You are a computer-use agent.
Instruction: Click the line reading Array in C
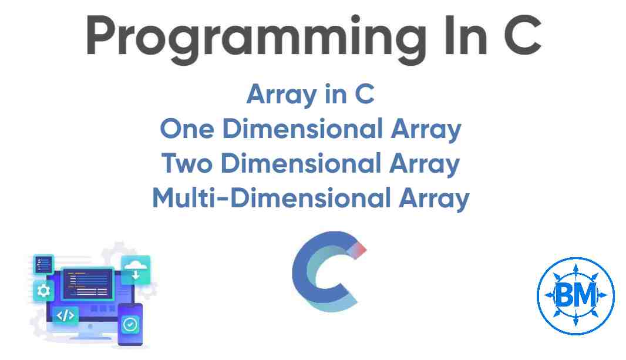(x=310, y=94)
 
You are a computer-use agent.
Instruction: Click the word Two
(x=187, y=164)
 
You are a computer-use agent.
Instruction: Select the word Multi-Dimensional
(x=270, y=198)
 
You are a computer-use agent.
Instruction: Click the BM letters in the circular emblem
(x=575, y=294)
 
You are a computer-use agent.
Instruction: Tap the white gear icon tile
(x=43, y=290)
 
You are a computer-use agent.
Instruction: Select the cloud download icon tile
(x=135, y=270)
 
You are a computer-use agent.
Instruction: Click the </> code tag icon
(x=65, y=315)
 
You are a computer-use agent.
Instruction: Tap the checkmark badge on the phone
(x=130, y=324)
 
